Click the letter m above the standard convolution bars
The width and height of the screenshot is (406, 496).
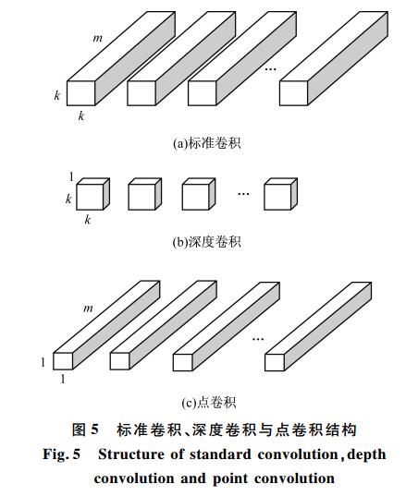pyautogui.click(x=97, y=38)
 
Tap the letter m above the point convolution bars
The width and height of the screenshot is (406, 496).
pyautogui.click(x=88, y=308)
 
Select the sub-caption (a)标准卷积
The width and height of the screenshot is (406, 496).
pyautogui.click(x=207, y=143)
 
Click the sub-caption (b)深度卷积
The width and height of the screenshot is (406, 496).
pyautogui.click(x=207, y=242)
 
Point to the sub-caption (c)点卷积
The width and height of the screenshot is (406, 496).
pyautogui.click(x=209, y=403)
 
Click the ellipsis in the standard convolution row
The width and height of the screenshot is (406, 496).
pyautogui.click(x=270, y=68)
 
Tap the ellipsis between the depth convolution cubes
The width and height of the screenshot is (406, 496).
pyautogui.click(x=243, y=193)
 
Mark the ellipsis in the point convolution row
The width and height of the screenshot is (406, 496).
pyautogui.click(x=258, y=339)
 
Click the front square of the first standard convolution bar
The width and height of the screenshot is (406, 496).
pyautogui.click(x=81, y=93)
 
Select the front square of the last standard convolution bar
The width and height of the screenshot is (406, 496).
pyautogui.click(x=293, y=93)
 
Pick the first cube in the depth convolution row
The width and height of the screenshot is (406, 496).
pyautogui.click(x=93, y=194)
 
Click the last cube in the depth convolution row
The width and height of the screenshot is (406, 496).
pyautogui.click(x=280, y=194)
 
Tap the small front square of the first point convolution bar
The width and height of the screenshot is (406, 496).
pyautogui.click(x=63, y=361)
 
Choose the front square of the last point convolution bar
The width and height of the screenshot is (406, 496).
pyautogui.click(x=275, y=362)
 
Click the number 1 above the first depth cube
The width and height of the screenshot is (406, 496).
pyautogui.click(x=71, y=177)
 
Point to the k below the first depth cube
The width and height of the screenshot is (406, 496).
pyautogui.click(x=88, y=219)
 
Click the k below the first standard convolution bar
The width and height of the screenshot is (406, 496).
pyautogui.click(x=81, y=116)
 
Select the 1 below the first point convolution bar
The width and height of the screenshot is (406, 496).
pyautogui.click(x=63, y=379)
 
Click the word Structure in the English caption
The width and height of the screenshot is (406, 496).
pyautogui.click(x=131, y=454)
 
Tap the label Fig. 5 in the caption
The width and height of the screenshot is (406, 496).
pyautogui.click(x=62, y=454)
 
